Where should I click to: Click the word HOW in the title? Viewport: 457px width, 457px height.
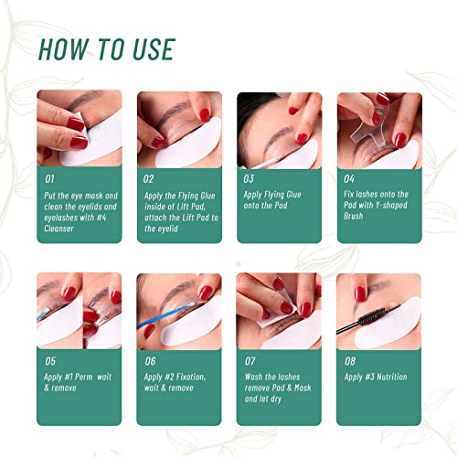[x=64, y=49]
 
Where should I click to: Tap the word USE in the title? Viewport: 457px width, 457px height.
[x=154, y=49]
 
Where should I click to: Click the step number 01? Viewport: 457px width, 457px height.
[x=49, y=179]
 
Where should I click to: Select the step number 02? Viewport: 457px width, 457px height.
[x=149, y=179]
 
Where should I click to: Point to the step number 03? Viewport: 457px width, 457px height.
[x=249, y=179]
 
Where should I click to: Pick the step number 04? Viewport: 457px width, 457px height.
[x=349, y=179]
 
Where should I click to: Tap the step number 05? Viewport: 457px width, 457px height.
[x=50, y=361]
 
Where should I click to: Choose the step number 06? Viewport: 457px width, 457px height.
[x=150, y=361]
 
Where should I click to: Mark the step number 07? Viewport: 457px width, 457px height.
[x=250, y=361]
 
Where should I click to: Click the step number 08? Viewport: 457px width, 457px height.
[x=350, y=361]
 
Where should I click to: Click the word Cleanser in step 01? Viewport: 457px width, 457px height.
[x=58, y=228]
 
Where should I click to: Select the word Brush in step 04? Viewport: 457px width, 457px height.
[x=354, y=216]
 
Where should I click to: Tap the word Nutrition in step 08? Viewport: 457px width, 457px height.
[x=392, y=377]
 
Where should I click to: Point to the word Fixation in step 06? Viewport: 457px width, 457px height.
[x=190, y=377]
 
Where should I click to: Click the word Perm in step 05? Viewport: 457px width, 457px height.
[x=83, y=377]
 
